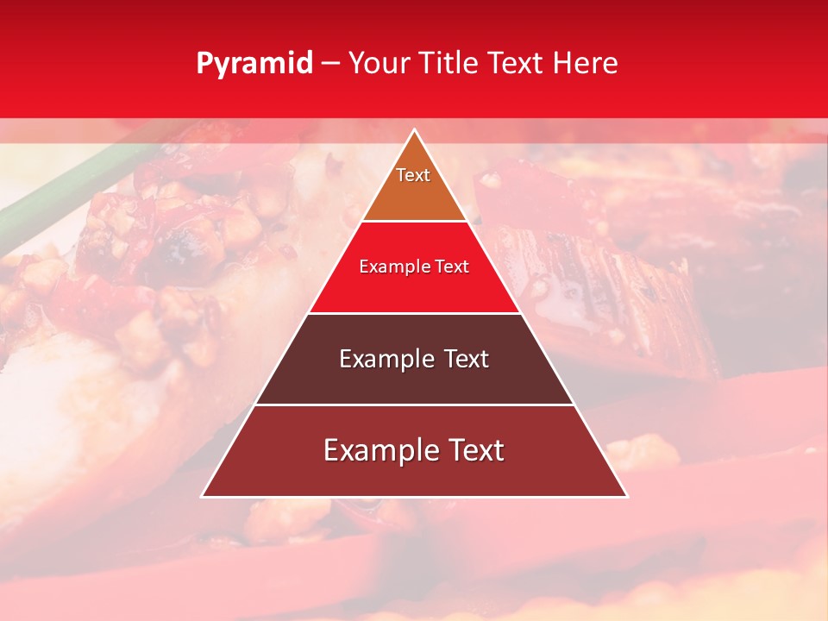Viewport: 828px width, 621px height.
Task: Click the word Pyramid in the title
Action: pyautogui.click(x=254, y=64)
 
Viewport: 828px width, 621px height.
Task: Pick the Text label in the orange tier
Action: pyautogui.click(x=413, y=175)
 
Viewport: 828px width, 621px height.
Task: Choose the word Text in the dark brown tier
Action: pyautogui.click(x=467, y=359)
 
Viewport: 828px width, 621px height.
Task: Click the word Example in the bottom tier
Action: pyautogui.click(x=376, y=450)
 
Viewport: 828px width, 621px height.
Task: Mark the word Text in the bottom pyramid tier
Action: pyautogui.click(x=474, y=450)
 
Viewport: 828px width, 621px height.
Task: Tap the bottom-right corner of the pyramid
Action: pyautogui.click(x=626, y=496)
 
